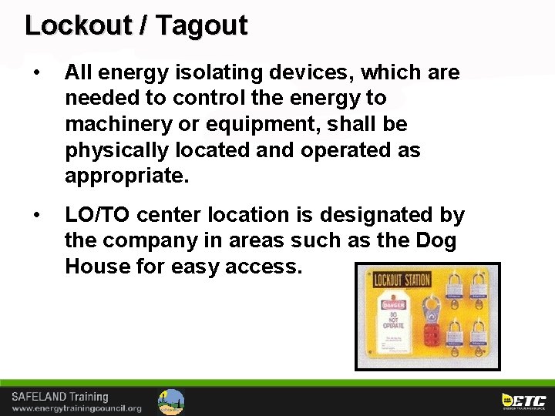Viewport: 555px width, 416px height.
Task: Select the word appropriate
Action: [126, 176]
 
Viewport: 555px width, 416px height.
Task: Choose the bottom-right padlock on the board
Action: [478, 335]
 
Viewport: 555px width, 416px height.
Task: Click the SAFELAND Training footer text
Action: [60, 397]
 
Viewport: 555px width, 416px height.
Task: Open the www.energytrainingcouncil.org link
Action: [76, 408]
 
